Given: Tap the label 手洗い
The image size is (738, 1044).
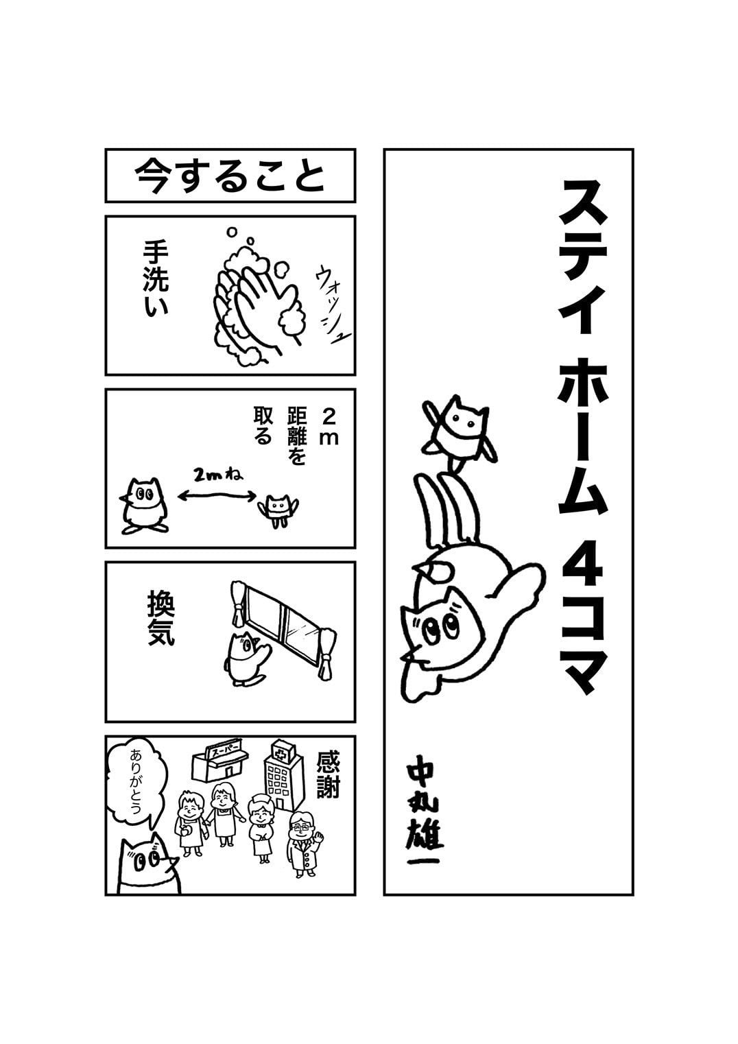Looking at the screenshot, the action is [156, 278].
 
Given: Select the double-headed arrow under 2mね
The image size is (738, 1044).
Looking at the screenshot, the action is [217, 497].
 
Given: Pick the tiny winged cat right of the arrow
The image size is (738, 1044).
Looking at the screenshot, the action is [280, 510].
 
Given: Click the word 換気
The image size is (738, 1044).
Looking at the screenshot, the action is [160, 618].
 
